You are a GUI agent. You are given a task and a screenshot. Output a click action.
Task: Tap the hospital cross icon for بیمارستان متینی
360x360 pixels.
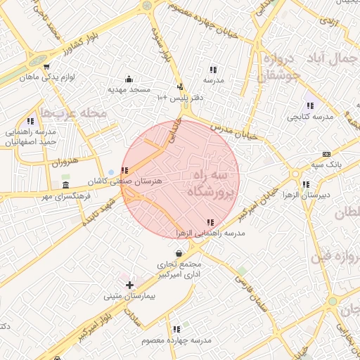pos(129,285)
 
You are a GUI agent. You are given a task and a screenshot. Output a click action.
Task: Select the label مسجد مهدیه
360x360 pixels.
pos(129,90)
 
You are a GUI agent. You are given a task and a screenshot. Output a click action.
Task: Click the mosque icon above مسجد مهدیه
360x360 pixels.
pos(129,79)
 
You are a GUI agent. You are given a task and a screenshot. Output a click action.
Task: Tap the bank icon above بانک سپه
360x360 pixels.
pos(326,154)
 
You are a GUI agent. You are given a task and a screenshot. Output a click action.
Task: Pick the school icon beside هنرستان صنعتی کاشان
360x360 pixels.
pos(124,170)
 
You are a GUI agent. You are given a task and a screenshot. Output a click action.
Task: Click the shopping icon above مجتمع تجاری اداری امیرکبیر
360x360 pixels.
pos(180,253)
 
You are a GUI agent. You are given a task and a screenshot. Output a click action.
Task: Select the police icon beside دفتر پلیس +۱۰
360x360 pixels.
pos(180,86)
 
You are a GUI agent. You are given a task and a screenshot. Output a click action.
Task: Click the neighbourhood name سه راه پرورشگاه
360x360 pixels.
pos(209,182)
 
